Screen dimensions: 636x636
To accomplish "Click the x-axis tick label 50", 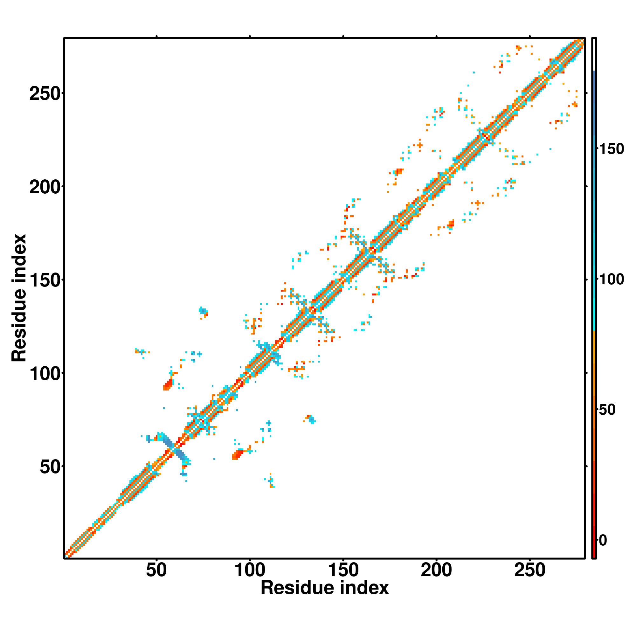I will coord(156,570).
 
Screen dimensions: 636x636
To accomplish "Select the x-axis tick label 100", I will coord(250,570).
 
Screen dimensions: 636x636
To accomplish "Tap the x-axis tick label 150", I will coord(343,570).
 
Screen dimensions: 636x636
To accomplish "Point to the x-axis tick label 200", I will coord(437,570).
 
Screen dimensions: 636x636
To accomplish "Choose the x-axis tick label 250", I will coord(530,570).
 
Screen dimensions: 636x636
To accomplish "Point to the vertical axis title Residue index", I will coord(19,298).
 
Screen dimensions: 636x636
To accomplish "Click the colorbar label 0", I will coord(603,540).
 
